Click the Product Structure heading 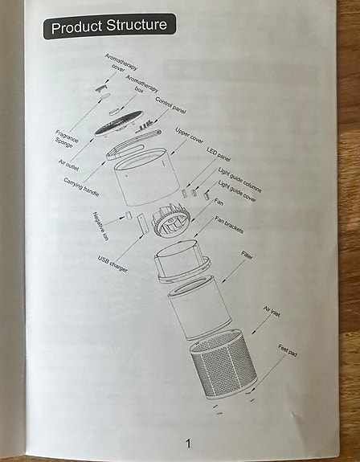(x=109, y=27)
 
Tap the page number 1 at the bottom (x=188, y=443)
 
